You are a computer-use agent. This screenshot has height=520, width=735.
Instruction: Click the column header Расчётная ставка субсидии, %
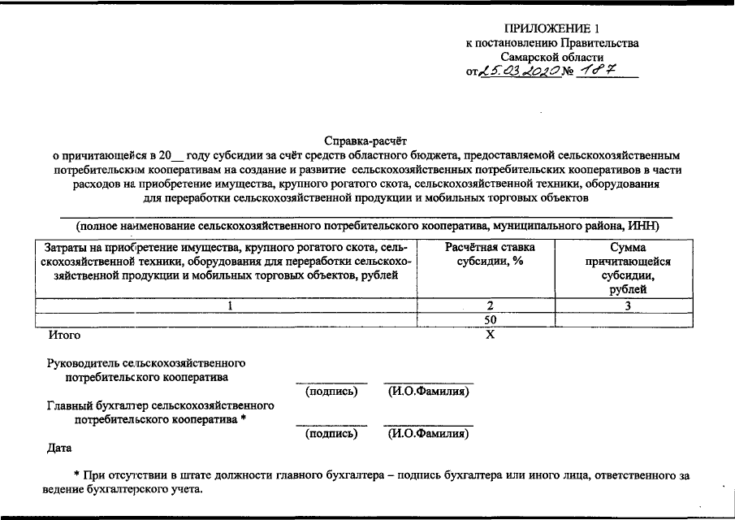[489, 254]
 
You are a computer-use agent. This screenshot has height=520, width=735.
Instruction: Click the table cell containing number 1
[230, 306]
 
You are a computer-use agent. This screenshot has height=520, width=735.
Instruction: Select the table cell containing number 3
[627, 306]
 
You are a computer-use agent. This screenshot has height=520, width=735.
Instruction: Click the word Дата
[59, 448]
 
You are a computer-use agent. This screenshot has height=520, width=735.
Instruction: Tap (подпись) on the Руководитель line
[331, 392]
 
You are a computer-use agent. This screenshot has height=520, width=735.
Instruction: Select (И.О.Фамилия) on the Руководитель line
[428, 392]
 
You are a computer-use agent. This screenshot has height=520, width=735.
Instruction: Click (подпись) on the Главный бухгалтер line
[331, 434]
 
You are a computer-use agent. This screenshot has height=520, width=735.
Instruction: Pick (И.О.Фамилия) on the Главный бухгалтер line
[428, 434]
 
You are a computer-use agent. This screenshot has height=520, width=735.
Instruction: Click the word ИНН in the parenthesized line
[655, 225]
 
